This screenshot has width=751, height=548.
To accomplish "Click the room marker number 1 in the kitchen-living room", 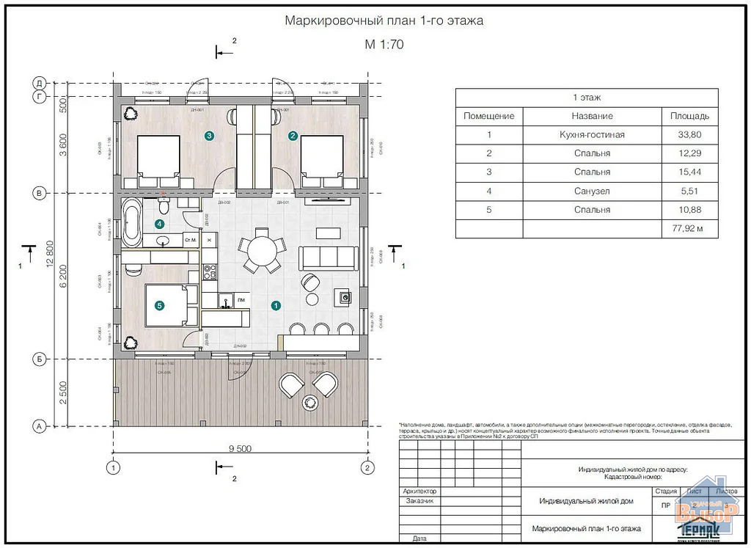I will pyautogui.click(x=276, y=305).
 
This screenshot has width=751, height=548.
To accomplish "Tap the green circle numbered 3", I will pyautogui.click(x=210, y=136).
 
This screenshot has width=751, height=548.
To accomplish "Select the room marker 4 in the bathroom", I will pyautogui.click(x=159, y=224).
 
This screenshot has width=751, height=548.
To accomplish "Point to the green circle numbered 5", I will pyautogui.click(x=159, y=305).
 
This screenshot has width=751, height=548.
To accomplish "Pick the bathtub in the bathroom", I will pyautogui.click(x=133, y=222).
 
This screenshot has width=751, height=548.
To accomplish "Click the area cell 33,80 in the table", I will pyautogui.click(x=689, y=135).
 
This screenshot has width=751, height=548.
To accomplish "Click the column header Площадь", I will pyautogui.click(x=689, y=116).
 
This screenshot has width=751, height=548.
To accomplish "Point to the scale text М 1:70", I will pyautogui.click(x=384, y=44).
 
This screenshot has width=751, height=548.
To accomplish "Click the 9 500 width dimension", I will pyautogui.click(x=240, y=448).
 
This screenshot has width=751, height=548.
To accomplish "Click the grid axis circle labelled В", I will pyautogui.click(x=41, y=193).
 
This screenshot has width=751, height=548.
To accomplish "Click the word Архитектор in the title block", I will pyautogui.click(x=420, y=491).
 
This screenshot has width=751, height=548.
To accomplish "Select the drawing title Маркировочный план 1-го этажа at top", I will pyautogui.click(x=384, y=21).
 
